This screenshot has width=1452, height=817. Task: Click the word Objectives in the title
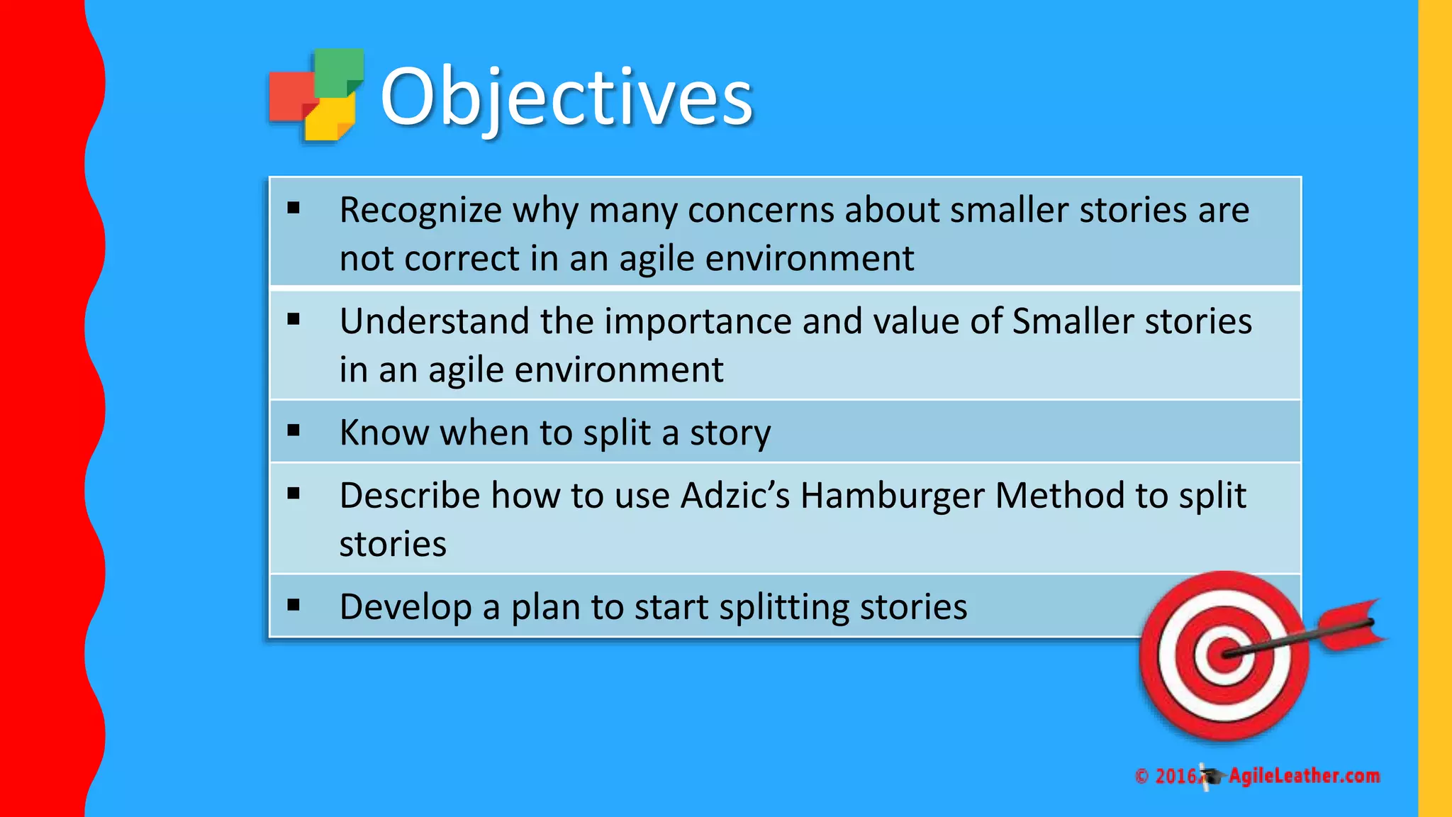click(566, 96)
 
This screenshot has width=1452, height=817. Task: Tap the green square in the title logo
click(338, 71)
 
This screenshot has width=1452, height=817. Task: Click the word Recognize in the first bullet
click(420, 211)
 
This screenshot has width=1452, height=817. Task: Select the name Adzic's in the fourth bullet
click(735, 496)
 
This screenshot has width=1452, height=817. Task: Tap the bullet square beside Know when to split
click(294, 430)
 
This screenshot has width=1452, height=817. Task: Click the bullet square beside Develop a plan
click(294, 605)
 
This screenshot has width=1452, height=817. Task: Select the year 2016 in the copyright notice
click(1175, 776)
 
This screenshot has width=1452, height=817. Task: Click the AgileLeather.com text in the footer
click(1304, 776)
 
